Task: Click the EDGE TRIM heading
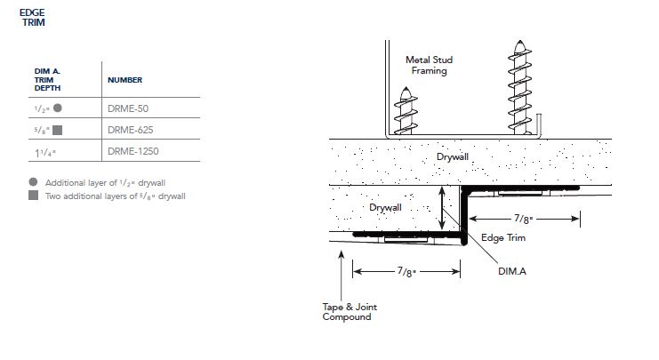click(x=32, y=18)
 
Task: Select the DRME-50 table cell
click(x=126, y=108)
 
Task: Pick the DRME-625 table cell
click(x=128, y=130)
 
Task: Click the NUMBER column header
click(x=125, y=80)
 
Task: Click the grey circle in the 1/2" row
click(x=57, y=108)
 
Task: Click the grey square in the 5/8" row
click(x=57, y=130)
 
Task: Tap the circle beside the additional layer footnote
click(x=33, y=181)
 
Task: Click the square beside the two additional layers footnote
click(x=33, y=195)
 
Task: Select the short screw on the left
click(x=405, y=111)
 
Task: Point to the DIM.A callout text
click(x=511, y=271)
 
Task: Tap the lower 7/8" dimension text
click(x=408, y=271)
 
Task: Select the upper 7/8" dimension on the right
click(x=525, y=217)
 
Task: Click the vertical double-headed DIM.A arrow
click(x=443, y=210)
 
